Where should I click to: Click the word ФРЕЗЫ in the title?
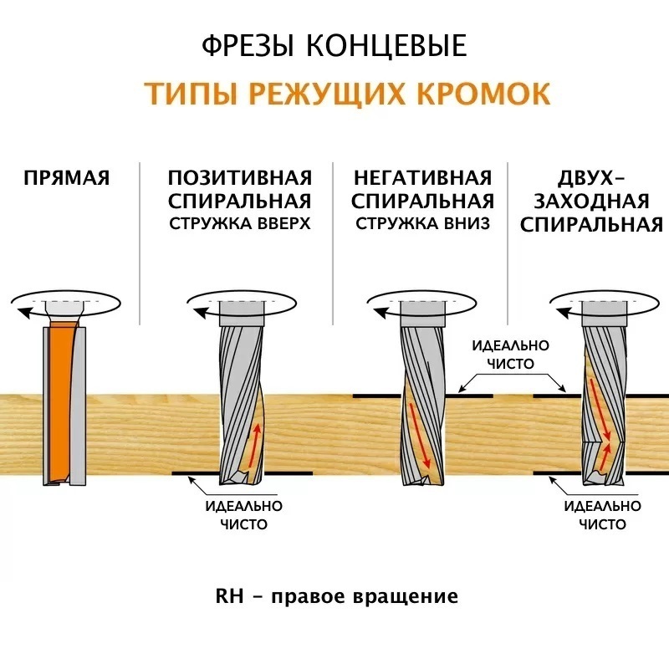click(248, 46)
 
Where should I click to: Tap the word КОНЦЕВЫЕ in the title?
click(387, 45)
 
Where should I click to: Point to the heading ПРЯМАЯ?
click(67, 178)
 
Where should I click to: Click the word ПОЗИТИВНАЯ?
click(240, 178)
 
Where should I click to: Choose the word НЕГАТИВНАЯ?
click(423, 178)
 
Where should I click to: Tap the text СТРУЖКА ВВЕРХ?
click(240, 223)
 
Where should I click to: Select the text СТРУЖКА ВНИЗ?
click(423, 223)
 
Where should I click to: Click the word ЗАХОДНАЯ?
click(591, 202)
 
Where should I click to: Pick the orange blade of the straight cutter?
click(60, 401)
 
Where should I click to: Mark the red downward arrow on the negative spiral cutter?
click(421, 435)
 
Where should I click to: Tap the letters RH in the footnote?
click(229, 596)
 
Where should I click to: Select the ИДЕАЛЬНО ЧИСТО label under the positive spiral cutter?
click(244, 515)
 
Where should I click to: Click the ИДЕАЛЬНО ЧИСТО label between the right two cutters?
click(511, 355)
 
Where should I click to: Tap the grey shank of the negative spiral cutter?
click(422, 314)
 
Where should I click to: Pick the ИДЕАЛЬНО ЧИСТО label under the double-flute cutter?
click(602, 515)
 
